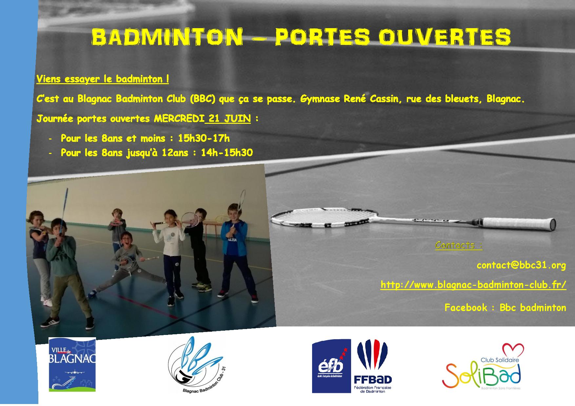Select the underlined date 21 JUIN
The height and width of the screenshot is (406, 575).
click(x=229, y=119)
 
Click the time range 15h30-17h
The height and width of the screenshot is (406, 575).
click(x=204, y=138)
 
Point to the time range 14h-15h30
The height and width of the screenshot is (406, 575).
click(x=227, y=153)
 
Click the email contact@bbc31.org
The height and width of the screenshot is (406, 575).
click(x=521, y=265)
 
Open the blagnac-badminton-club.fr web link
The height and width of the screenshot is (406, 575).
click(x=473, y=285)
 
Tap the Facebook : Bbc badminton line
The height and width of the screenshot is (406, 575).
click(x=505, y=307)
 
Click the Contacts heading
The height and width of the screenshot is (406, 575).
click(x=459, y=245)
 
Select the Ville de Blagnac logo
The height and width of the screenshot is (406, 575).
click(x=72, y=364)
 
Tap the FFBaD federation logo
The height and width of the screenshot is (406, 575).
click(x=373, y=366)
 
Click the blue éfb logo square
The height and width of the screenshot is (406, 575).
click(x=331, y=366)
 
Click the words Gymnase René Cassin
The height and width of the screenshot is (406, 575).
click(x=349, y=99)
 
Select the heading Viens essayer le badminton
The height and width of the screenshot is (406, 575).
click(x=103, y=79)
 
